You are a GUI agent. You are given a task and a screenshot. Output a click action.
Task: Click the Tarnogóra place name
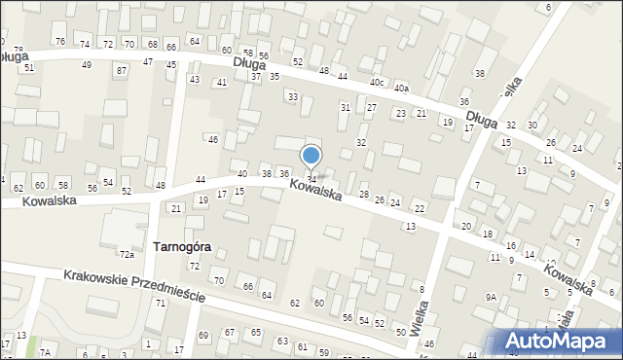pos(182,247)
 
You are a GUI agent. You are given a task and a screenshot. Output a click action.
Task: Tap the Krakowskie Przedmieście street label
pos(134,286)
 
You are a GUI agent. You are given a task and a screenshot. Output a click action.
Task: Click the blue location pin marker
pos(311,156)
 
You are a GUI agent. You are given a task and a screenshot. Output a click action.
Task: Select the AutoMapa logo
pos(559,340)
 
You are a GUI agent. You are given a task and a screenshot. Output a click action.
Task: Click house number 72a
pos(127,255)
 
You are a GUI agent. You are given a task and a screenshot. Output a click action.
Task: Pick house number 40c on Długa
pos(378,82)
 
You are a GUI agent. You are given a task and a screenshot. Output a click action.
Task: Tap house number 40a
pos(402,89)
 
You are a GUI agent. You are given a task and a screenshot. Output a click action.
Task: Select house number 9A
pos(492,297)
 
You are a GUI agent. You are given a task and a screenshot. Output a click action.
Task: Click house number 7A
pos(45,350)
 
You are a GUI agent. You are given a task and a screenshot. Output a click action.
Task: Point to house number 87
pos(121,71)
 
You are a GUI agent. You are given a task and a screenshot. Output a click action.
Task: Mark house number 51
pos(29,67)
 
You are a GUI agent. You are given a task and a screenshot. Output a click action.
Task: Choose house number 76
pos(60,41)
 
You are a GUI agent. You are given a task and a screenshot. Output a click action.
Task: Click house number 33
pos(292,96)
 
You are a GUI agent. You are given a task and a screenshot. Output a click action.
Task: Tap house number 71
pos(160,304)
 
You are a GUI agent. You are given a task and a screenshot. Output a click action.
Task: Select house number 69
pos(203,336)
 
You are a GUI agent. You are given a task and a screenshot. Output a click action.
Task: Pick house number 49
pos(87,64)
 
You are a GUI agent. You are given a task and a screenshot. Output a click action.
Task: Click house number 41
pos(222,83)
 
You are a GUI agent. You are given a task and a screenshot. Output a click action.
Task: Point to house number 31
pos(345,107)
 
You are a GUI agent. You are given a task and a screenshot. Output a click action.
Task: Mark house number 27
pos(371,107)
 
